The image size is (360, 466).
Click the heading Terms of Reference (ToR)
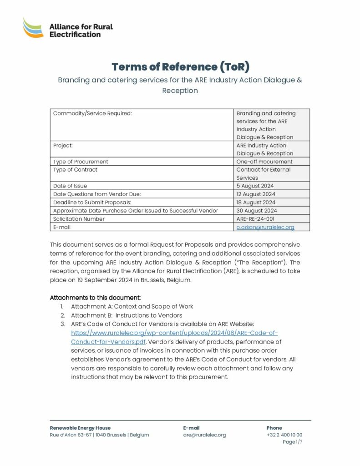point(180,66)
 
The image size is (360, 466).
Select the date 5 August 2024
point(255,186)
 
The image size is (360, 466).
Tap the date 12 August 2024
point(256,194)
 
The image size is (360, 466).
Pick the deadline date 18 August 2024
point(256,202)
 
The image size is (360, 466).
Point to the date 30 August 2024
point(257,210)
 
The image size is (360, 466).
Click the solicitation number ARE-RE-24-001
point(255,218)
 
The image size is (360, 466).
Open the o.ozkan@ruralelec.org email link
point(265,227)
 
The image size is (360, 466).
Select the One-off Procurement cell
point(264,162)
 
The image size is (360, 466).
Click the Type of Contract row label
point(75,170)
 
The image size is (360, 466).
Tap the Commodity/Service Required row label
point(92,113)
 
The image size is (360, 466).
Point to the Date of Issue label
point(70,186)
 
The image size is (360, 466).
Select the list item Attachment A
point(132,306)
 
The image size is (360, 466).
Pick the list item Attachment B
point(127,315)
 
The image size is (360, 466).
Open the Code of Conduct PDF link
point(174,337)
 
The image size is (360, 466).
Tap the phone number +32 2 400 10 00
point(284,435)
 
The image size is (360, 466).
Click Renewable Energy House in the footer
point(80,428)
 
